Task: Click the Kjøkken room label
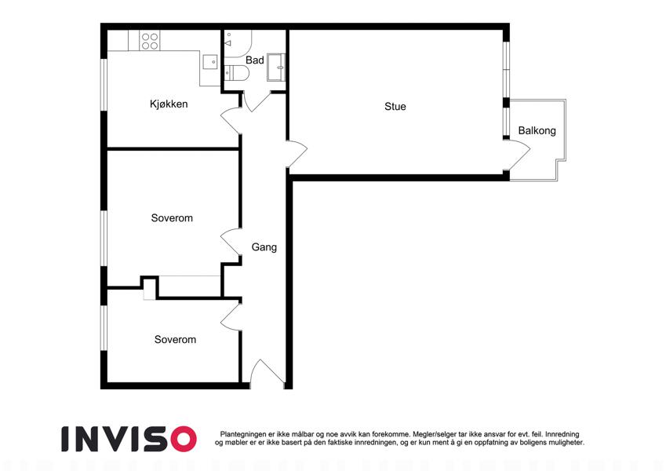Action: pos(169,104)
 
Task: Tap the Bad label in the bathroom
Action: pos(255,60)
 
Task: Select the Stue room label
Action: pos(395,106)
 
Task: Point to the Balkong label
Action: pos(537,130)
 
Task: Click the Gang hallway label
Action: pos(264,247)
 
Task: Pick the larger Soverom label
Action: pos(172,218)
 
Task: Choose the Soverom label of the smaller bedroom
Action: pos(175,340)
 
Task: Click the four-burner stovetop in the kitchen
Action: pos(150,41)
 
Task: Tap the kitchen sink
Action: pos(209,62)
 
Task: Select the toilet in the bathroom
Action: pos(236,73)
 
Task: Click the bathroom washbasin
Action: pos(276,68)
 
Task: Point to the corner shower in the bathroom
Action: pos(238,44)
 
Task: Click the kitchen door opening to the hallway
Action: pos(231,121)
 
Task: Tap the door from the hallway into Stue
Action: pos(297,154)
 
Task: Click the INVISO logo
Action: pos(129,439)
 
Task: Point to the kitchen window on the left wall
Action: pos(104,85)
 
